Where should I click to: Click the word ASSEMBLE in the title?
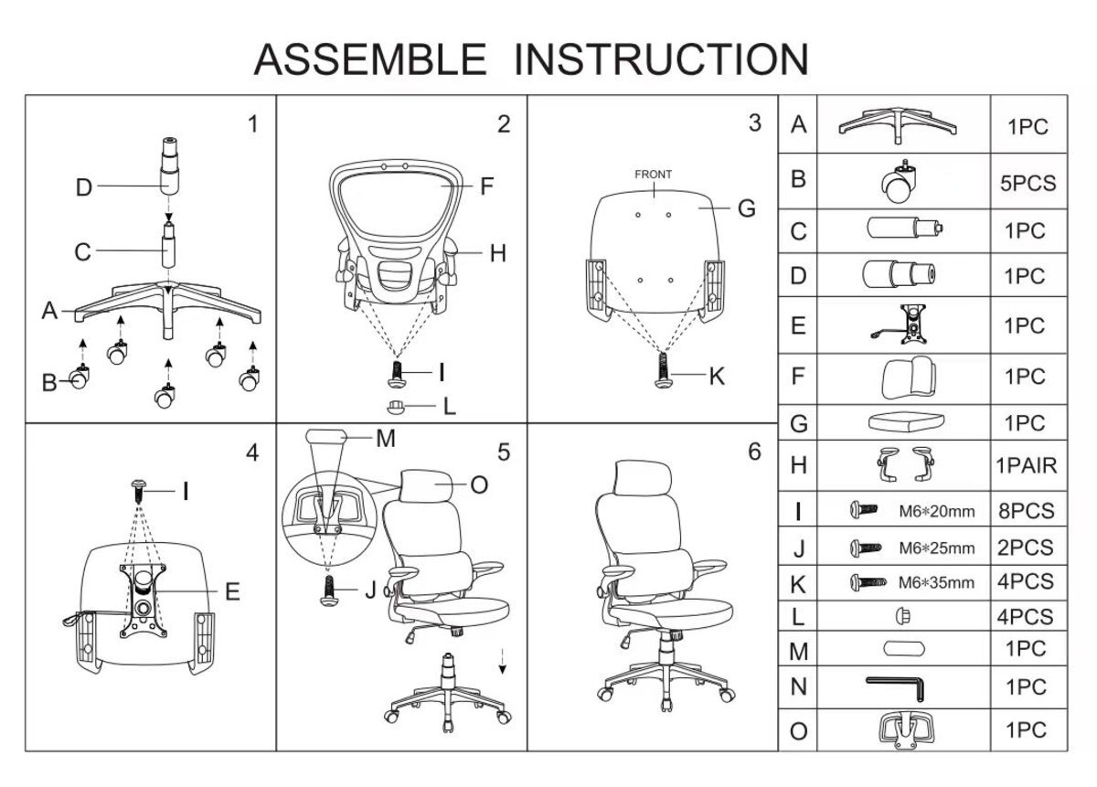point(369,59)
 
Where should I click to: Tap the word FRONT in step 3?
point(653,175)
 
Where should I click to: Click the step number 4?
point(252,453)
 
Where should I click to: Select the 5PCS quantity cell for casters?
point(1028,183)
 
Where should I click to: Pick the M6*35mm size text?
point(936,583)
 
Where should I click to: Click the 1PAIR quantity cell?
point(1027,465)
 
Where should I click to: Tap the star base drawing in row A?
point(898,125)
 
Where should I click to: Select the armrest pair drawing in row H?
point(905,463)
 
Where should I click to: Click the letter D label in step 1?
point(84,187)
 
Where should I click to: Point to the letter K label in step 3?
point(717,377)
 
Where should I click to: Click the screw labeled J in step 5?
point(329,590)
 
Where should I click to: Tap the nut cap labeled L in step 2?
point(396,407)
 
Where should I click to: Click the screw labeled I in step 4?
point(139,491)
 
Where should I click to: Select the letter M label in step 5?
point(386,439)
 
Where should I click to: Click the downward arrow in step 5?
point(502,662)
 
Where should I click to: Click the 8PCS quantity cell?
point(1027,511)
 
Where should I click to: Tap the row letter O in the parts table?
point(798,731)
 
